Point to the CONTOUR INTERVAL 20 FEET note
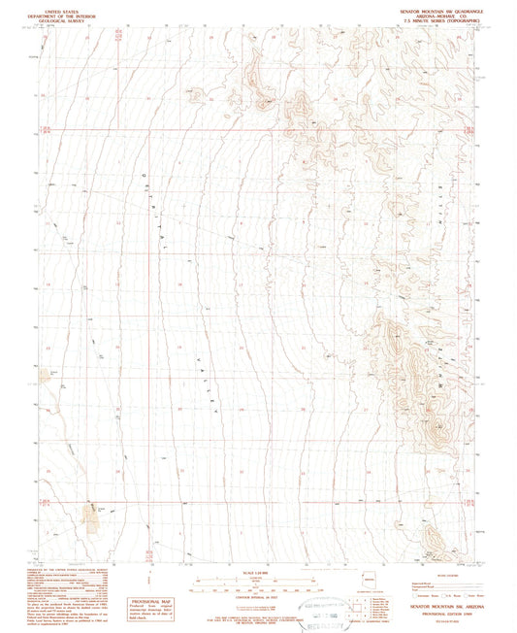click(258, 597)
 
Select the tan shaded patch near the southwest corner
click(92, 520)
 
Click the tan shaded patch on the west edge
click(44, 375)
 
